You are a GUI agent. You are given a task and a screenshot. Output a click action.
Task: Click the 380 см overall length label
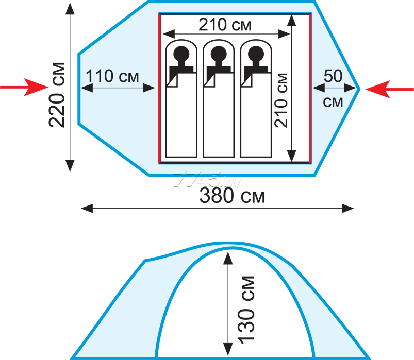tap(232, 196)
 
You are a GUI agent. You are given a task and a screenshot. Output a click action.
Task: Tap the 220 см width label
tap(57, 95)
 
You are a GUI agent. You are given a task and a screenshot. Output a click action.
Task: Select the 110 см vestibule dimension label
tap(112, 76)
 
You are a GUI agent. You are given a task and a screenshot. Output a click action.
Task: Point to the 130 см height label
tap(246, 310)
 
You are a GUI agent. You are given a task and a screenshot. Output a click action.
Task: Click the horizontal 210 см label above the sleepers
tap(225, 25)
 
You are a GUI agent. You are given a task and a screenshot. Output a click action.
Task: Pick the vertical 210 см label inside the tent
tap(281, 100)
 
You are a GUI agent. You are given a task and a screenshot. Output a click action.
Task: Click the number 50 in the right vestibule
tap(333, 76)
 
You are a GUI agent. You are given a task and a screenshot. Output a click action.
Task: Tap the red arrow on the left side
tap(24, 87)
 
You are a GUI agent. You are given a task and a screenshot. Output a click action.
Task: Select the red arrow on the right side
tap(389, 89)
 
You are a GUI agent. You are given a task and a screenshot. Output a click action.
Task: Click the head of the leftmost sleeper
tap(181, 54)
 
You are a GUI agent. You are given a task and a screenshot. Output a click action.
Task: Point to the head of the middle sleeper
tap(219, 54)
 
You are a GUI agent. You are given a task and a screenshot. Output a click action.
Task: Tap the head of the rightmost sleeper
tap(256, 54)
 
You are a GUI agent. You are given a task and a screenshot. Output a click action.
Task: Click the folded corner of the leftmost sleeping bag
tap(172, 80)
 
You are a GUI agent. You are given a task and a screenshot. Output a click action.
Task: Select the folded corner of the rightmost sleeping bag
tap(247, 80)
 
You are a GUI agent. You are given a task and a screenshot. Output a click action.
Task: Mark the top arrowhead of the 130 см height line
tap(228, 258)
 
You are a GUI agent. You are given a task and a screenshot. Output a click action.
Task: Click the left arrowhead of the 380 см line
tap(87, 209)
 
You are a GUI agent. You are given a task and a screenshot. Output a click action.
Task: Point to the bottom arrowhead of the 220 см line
tap(70, 166)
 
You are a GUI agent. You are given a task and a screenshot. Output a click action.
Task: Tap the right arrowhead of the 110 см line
tap(149, 88)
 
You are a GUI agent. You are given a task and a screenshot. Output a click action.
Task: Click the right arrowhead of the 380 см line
tap(347, 209)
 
